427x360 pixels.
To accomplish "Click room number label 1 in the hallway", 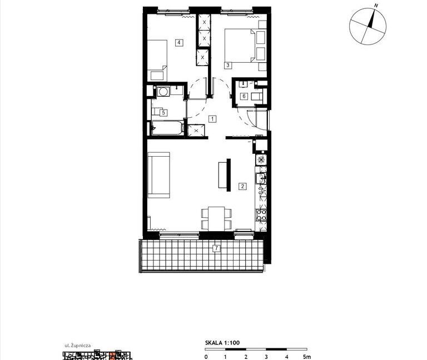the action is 212,119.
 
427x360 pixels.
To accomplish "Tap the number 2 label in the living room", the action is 242,186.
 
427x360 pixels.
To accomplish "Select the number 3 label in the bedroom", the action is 227,66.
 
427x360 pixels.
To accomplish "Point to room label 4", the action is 179,42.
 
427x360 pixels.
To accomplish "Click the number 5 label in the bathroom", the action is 163,112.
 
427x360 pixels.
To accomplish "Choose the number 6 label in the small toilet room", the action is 244,96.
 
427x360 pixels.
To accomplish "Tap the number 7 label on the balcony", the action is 216,248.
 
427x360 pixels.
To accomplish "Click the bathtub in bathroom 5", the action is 167,128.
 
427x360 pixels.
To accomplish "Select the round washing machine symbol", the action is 163,92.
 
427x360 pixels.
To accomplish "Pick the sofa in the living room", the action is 159,175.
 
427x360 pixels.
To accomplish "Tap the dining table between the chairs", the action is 216,218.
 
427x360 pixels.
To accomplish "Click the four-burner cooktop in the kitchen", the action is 261,215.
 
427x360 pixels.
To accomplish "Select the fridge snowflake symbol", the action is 261,159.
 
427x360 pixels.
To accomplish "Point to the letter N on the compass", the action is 376,6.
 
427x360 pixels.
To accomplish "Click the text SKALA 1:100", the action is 222,343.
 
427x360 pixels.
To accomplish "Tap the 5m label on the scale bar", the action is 307,357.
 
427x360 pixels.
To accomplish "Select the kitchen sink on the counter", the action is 261,178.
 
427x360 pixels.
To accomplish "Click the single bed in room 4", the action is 157,60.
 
